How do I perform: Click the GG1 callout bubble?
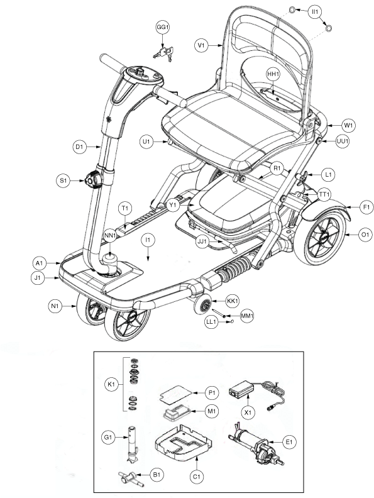[x=162, y=28]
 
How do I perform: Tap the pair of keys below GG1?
[x=164, y=54]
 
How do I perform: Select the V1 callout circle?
[x=201, y=45]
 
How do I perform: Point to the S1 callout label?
[x=63, y=181]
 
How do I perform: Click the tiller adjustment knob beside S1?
[x=94, y=180]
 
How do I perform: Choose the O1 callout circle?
[x=365, y=235]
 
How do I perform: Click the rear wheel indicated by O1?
[x=321, y=238]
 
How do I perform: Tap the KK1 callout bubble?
[x=233, y=301]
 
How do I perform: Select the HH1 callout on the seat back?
[x=272, y=74]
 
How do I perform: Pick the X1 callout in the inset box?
[x=248, y=412]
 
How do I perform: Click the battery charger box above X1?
[x=239, y=389]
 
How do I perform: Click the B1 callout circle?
[x=157, y=475]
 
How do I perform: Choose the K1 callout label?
[x=111, y=385]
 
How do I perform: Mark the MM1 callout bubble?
[x=246, y=316]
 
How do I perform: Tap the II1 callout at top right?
[x=316, y=13]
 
